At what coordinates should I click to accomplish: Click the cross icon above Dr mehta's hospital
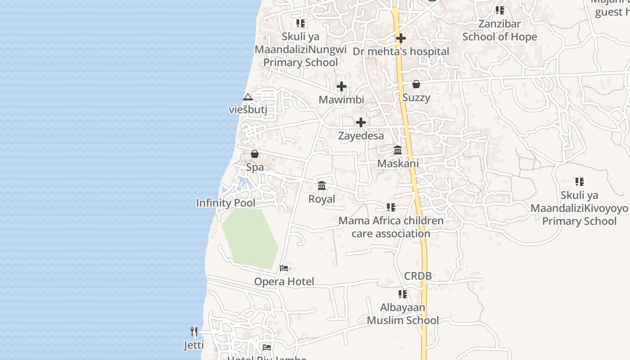pos(400,39)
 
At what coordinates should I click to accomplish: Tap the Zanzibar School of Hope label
pos(499,30)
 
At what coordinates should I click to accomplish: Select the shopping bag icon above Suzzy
pos(416,84)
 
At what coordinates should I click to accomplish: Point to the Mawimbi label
pos(342,99)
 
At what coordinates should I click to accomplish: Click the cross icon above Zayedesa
pos(360,122)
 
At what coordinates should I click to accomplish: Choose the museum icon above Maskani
pos(398,150)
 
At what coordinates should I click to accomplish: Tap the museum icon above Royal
pos(322,185)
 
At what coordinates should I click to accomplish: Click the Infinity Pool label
pos(225,203)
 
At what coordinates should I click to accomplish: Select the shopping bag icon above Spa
pos(255,154)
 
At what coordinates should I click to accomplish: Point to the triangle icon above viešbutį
pos(247,97)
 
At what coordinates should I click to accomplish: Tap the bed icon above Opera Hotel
pos(284,268)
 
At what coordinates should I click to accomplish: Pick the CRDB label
pos(418,276)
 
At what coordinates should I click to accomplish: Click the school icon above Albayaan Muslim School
pos(402,294)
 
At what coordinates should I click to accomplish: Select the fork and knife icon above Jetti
pos(194,332)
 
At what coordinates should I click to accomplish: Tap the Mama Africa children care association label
pos(391,227)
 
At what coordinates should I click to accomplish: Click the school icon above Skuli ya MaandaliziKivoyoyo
pos(579,182)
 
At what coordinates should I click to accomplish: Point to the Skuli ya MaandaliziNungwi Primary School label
pos(301,49)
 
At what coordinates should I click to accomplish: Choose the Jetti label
pos(193,345)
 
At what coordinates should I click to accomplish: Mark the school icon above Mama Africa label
pos(391,207)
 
